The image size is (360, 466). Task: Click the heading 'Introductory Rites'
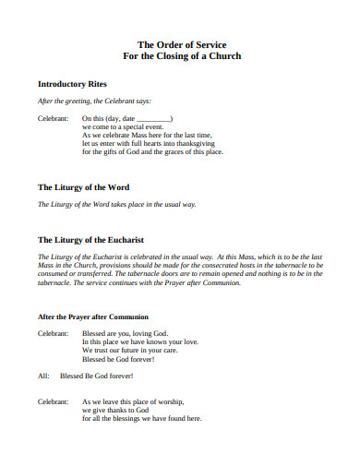tap(73, 83)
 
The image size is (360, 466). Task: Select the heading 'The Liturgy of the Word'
tap(83, 186)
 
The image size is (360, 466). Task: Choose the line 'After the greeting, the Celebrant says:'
tap(93, 101)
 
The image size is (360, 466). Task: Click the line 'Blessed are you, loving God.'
tap(125, 332)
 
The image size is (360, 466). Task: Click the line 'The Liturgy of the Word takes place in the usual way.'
tap(115, 204)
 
